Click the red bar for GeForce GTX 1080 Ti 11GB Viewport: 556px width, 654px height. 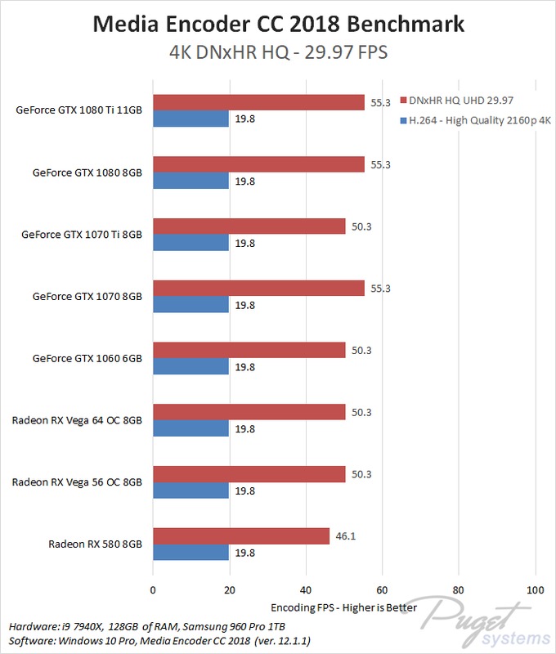(258, 102)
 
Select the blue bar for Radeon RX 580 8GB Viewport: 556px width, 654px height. (191, 553)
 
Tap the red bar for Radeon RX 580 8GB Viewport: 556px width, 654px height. (240, 536)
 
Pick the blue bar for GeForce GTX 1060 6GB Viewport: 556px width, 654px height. (191, 367)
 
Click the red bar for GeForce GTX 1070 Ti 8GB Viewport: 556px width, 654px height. (249, 226)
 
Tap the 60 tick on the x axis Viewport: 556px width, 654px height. (382, 590)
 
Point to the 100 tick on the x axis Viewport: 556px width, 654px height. (535, 590)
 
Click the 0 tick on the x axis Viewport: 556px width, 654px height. (153, 590)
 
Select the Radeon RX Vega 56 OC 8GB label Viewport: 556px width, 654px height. (77, 482)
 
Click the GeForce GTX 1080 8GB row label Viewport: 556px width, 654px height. (87, 172)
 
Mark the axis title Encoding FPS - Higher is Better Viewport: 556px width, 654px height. (343, 608)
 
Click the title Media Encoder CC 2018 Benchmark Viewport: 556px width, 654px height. (277, 24)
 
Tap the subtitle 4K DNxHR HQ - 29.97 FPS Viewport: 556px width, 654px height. (277, 52)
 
